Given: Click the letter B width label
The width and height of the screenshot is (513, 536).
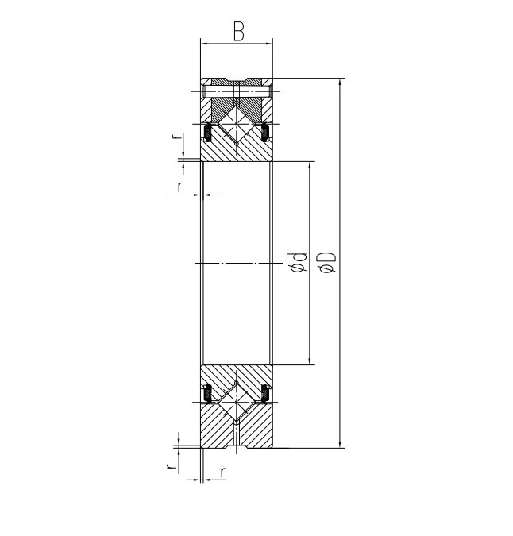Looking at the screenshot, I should pos(238,32).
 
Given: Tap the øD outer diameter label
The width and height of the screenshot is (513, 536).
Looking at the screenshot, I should pos(330,263).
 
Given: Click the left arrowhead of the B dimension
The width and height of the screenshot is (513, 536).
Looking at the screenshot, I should pos(204,44).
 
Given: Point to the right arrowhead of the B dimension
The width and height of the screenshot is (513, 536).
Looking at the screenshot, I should pos(270,44).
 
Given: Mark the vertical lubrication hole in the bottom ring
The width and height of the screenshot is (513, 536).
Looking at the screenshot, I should pos(237,437).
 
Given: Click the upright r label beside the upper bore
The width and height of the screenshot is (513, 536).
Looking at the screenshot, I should pos(180,187).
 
